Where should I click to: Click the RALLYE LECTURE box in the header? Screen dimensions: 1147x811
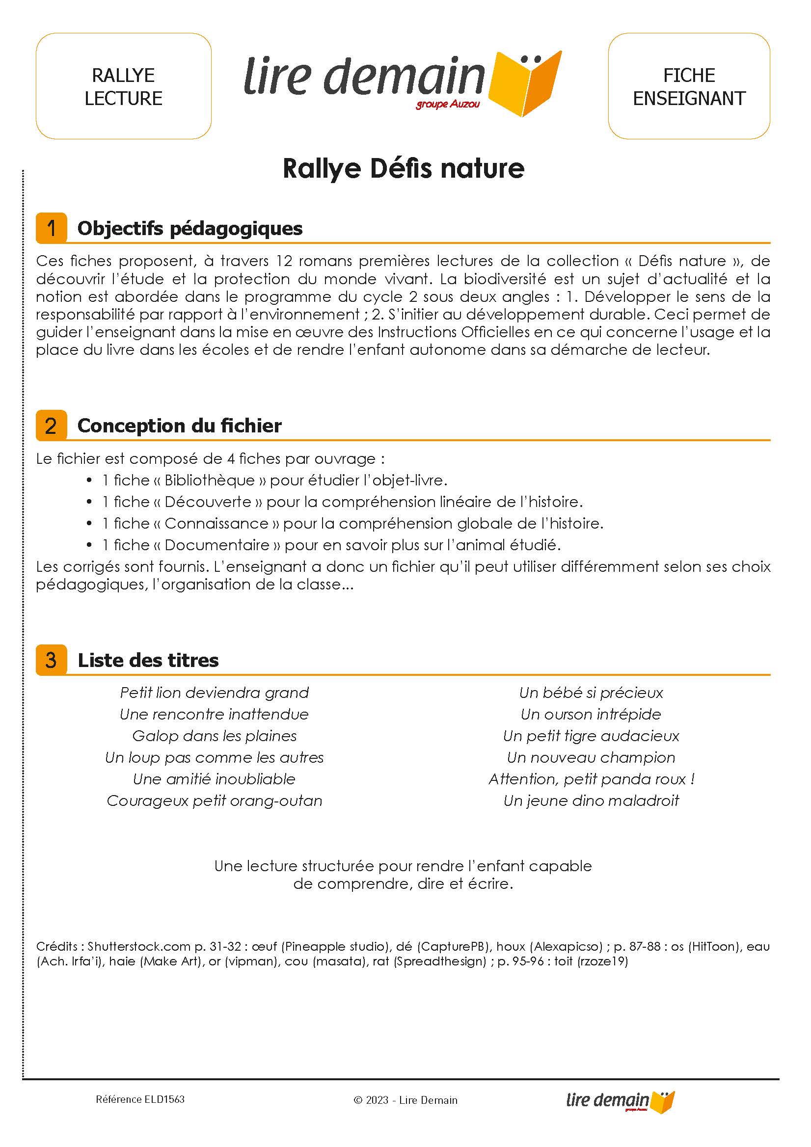123,86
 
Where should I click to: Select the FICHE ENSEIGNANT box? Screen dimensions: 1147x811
689,86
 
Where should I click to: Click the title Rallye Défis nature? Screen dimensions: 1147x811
403,168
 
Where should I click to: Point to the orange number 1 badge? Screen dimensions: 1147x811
51,228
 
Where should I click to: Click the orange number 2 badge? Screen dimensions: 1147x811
51,426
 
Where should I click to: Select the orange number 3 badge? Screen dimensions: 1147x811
51,660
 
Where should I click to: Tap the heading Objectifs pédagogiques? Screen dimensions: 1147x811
190,228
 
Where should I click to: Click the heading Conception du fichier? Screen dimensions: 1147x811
179,426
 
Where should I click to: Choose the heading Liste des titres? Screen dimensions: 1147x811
148,660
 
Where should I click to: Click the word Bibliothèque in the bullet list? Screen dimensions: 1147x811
209,480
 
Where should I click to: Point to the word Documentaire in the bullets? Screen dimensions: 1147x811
217,544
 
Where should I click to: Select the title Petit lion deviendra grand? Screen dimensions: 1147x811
215,693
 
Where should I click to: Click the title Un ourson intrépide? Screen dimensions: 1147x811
591,714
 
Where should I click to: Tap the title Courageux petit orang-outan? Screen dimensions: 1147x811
215,800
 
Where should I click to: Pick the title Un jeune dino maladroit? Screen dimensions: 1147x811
591,800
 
